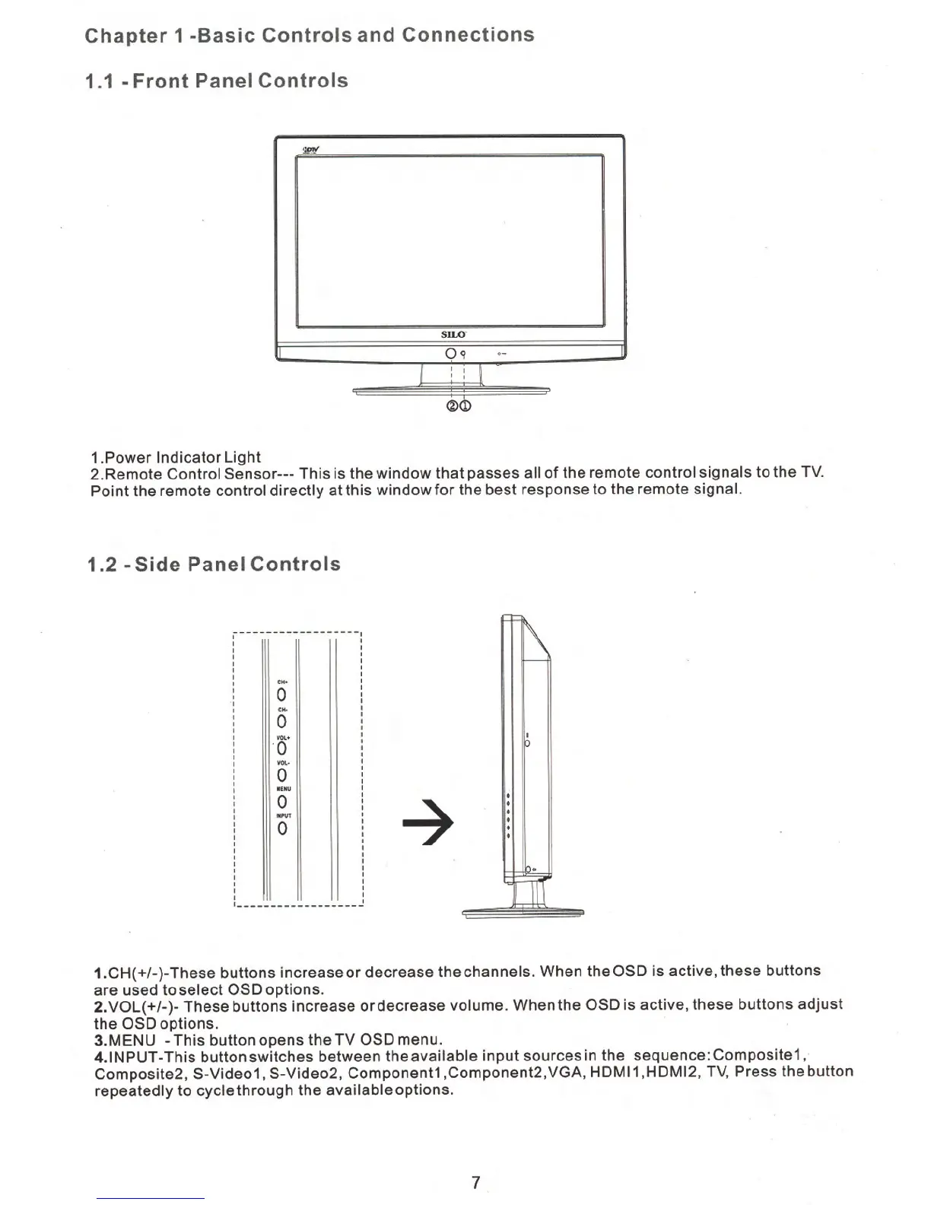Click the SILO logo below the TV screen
click(453, 335)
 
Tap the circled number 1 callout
click(465, 406)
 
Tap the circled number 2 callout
click(453, 406)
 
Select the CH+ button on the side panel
click(282, 695)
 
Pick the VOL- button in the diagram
click(282, 775)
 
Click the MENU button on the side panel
click(282, 802)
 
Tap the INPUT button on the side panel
click(282, 828)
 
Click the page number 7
click(475, 1182)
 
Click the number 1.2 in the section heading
click(102, 565)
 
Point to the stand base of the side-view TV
click(523, 911)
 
